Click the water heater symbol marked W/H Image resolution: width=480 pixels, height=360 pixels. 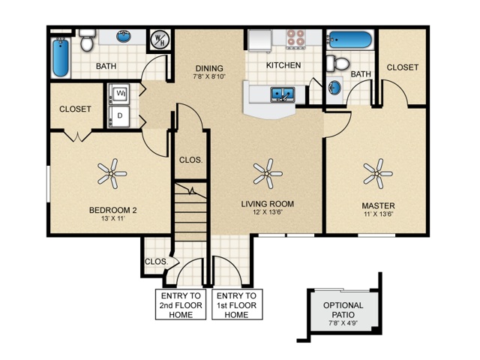pyautogui.click(x=160, y=40)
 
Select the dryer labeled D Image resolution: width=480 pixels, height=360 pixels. pyautogui.click(x=119, y=116)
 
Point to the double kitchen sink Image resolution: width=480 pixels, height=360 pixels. pyautogui.click(x=283, y=94)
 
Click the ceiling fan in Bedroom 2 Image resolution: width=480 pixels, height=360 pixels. pyautogui.click(x=112, y=173)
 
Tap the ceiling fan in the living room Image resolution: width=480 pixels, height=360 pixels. pyautogui.click(x=268, y=173)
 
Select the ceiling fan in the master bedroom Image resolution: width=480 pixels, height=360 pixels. pyautogui.click(x=378, y=173)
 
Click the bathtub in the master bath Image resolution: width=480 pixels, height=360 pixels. pyautogui.click(x=350, y=40)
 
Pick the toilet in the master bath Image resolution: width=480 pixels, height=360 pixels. pyautogui.click(x=338, y=63)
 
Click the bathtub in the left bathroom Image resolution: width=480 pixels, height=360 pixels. pyautogui.click(x=61, y=57)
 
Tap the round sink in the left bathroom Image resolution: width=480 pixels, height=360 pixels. pyautogui.click(x=124, y=37)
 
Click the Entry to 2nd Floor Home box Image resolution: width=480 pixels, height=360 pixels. pyautogui.click(x=181, y=304)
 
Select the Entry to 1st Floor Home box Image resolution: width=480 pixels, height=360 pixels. pyautogui.click(x=237, y=304)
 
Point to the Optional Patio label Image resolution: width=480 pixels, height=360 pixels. pyautogui.click(x=343, y=310)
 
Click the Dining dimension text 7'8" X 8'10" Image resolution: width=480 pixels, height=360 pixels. pyautogui.click(x=209, y=76)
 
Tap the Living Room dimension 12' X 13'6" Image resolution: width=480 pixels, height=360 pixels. pyautogui.click(x=267, y=211)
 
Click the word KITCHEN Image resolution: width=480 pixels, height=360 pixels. pyautogui.click(x=283, y=65)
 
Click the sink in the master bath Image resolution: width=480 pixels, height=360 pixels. pyautogui.click(x=335, y=88)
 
